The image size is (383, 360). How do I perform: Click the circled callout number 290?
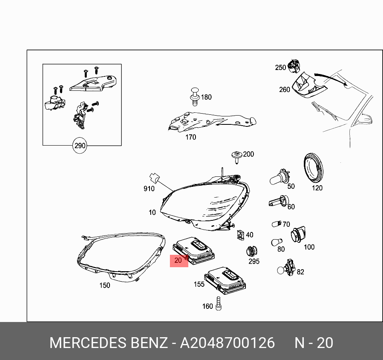pos(80,146)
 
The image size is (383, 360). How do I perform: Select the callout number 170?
pos(191,137)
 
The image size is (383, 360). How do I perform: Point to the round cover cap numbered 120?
pos(314,167)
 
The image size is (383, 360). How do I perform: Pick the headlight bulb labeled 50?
pos(279,177)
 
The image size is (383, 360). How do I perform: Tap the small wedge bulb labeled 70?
pos(275,224)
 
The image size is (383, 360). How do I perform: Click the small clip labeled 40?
pos(240,235)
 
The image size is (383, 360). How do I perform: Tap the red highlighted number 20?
pos(179,260)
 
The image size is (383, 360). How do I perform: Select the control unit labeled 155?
pos(225,280)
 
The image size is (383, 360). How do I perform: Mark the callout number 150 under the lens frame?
pos(105,285)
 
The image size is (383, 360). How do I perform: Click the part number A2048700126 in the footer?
pos(227,343)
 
